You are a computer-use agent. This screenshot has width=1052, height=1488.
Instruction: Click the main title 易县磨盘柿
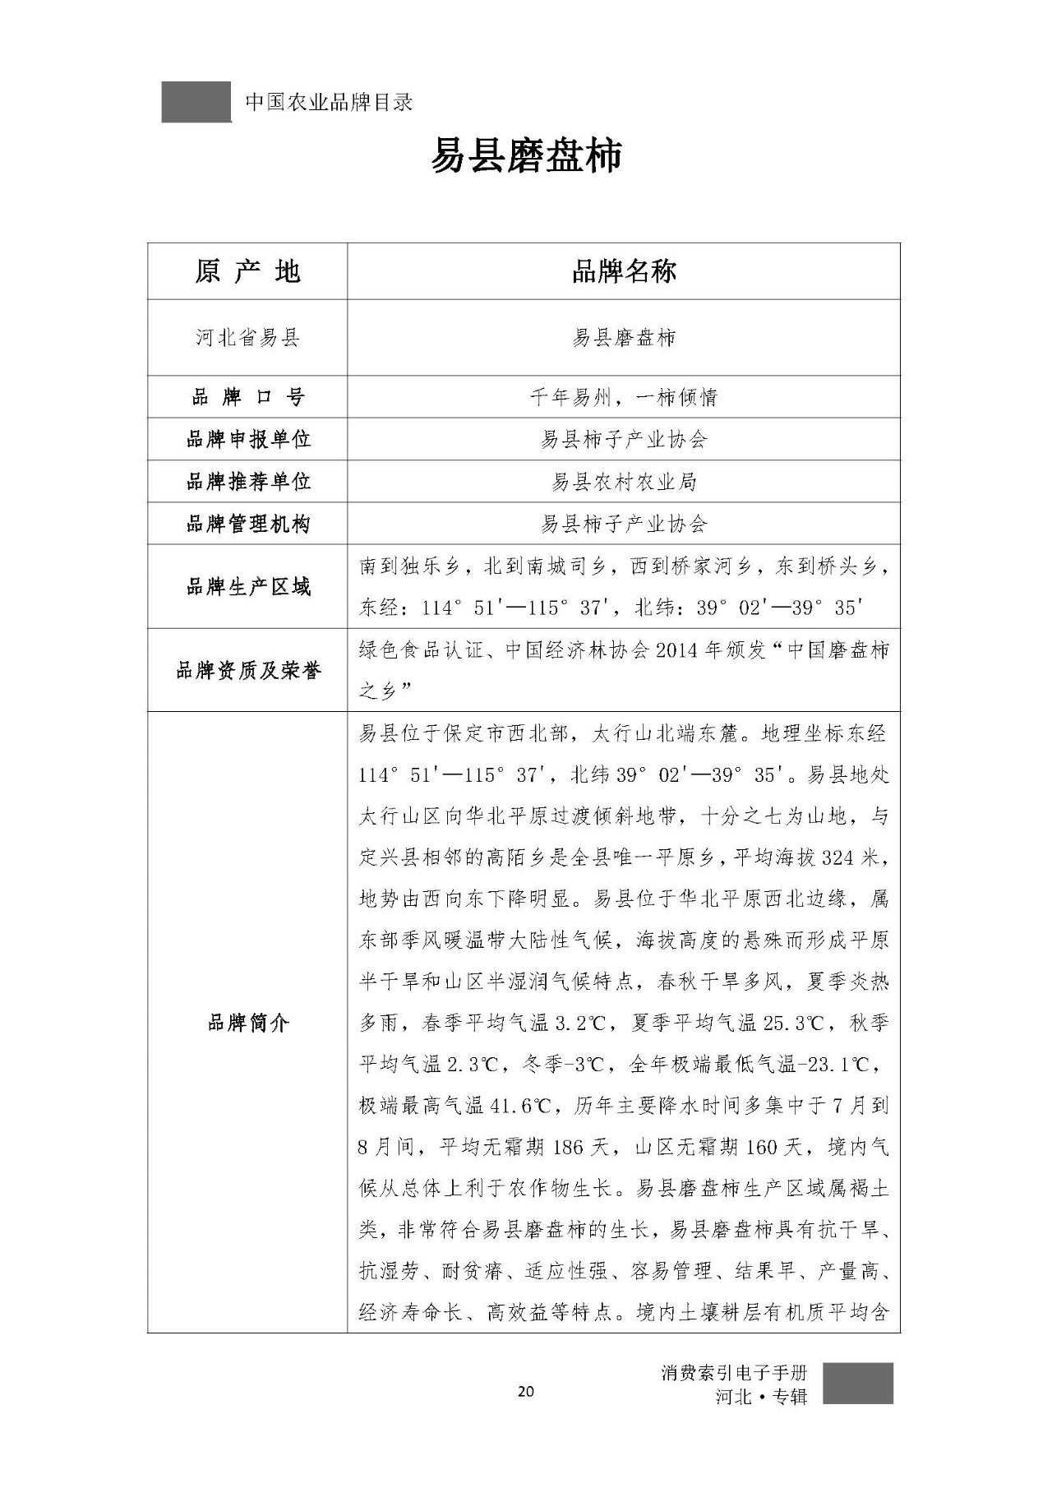tap(526, 156)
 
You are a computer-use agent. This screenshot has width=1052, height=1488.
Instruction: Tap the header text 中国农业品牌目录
tap(329, 103)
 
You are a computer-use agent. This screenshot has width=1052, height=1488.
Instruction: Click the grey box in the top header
tap(196, 102)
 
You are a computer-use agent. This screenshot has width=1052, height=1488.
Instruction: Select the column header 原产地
tap(247, 271)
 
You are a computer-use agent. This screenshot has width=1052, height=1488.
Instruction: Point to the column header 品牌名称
tap(624, 271)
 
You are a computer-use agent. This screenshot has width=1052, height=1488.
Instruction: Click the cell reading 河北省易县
tap(247, 338)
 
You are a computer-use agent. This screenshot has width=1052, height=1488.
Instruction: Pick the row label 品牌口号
tap(247, 398)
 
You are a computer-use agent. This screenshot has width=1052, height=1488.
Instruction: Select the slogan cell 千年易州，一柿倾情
tap(624, 398)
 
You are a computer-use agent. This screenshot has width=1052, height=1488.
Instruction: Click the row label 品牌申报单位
tap(247, 440)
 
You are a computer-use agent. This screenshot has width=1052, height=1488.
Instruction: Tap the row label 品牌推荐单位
tap(247, 482)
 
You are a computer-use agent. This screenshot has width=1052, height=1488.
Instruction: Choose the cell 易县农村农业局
tap(624, 482)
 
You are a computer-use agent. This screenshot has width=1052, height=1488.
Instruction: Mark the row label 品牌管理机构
tap(247, 524)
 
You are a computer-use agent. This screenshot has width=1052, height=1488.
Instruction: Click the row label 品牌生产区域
tap(247, 587)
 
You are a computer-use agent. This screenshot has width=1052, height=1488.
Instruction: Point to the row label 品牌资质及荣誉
tap(247, 671)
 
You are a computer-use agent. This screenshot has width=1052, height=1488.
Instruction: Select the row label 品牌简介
tap(247, 1024)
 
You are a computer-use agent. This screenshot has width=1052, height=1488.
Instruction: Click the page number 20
tap(526, 1391)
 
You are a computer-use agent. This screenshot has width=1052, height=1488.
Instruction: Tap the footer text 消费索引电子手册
tap(734, 1372)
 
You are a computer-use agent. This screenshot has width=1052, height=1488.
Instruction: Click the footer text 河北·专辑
tap(762, 1396)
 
